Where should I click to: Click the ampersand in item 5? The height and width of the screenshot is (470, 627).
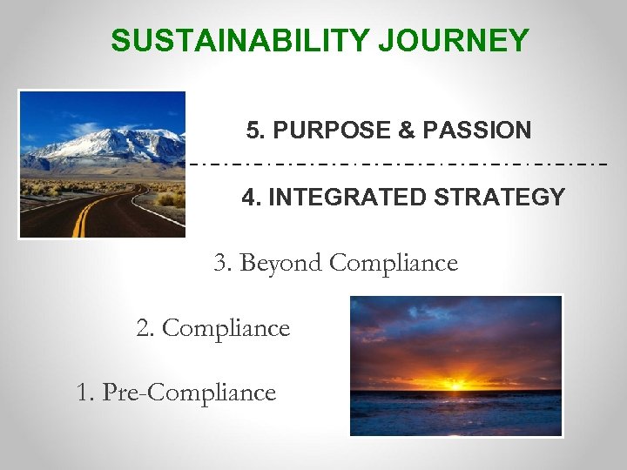point(406,131)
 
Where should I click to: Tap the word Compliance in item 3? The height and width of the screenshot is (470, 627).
point(394,263)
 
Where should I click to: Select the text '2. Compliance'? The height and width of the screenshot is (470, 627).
point(213,328)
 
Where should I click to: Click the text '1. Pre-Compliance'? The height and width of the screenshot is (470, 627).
point(177,393)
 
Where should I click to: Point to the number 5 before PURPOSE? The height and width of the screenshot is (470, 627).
point(253,131)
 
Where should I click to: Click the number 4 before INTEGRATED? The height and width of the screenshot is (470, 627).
point(248,198)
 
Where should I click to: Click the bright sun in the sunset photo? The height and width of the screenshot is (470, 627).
point(455,382)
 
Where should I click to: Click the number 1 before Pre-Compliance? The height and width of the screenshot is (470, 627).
point(82,393)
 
